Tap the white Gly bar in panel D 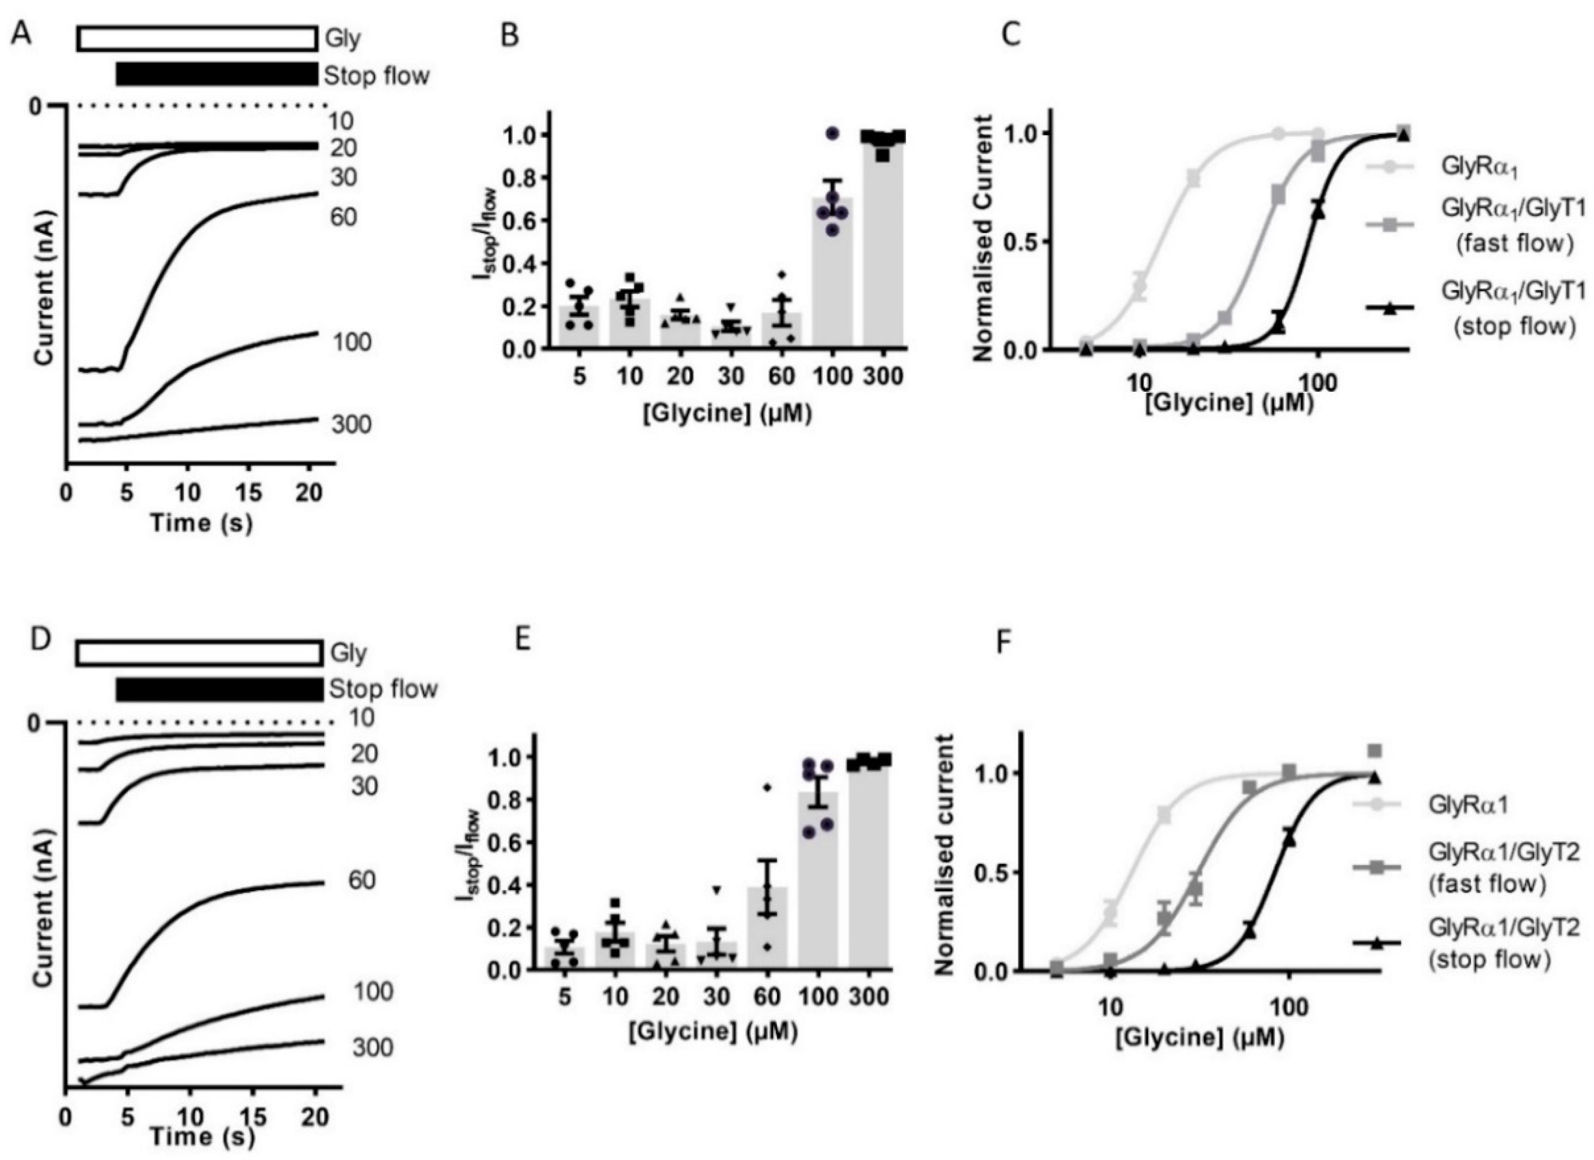coord(199,653)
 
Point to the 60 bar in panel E coord(768,928)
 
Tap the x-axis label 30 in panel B coord(731,377)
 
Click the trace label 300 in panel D coord(373,1048)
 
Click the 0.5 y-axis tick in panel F coord(990,872)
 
